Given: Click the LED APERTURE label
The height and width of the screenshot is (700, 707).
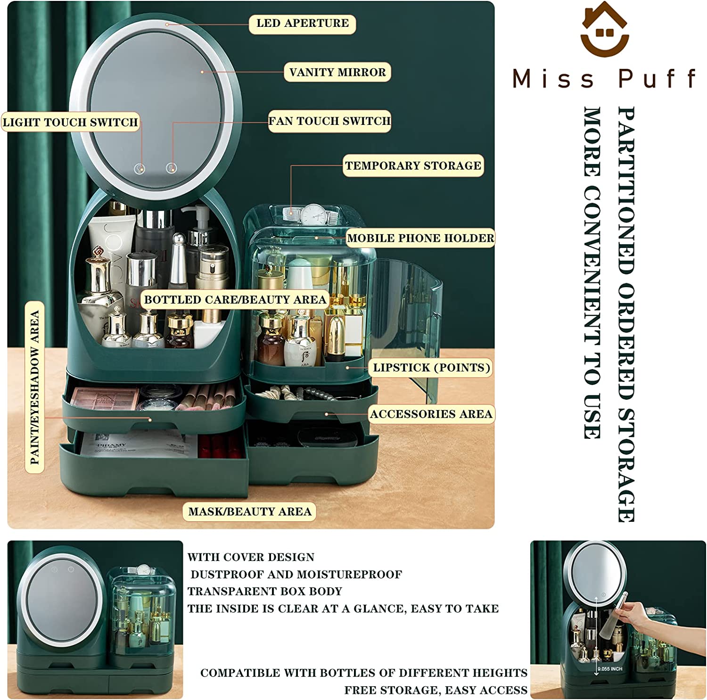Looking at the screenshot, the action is pos(302,24).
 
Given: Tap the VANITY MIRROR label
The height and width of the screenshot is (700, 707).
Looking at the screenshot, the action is pos(337,72).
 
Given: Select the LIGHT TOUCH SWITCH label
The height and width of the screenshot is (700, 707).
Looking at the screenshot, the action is pos(71,122).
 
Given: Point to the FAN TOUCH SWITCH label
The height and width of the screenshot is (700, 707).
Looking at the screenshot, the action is pos(329,121).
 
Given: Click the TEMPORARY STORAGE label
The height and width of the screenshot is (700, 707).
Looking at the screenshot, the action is pos(413,165).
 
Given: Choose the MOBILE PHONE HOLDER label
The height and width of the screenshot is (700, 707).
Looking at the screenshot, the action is pos(420,238).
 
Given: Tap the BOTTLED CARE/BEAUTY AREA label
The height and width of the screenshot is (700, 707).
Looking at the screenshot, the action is pos(235,299).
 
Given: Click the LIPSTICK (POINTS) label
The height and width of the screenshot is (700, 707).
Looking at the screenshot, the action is pos(431,368).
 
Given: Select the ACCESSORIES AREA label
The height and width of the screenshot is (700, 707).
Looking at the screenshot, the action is pos(431,414).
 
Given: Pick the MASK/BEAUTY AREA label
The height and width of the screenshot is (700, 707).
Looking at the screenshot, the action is pos(249,511).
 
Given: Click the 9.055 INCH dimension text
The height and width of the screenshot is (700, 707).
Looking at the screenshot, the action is pos(610,669).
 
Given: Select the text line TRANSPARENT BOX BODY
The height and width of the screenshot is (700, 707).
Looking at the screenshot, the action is pos(264,591).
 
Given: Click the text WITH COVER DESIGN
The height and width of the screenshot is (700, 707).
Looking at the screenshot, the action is pos(251,557).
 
